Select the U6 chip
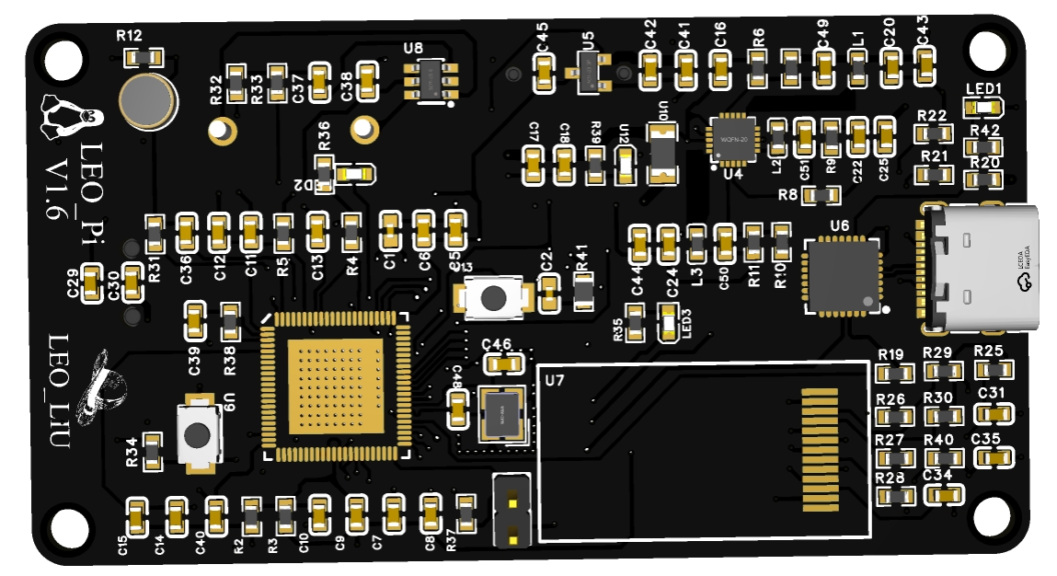point(841,276)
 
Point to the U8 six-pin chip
point(430,83)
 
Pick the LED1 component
point(983,108)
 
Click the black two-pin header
point(511,512)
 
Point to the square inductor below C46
point(501,413)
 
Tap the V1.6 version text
point(57,189)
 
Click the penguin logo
point(70,113)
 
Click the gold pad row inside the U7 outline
point(821,449)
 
